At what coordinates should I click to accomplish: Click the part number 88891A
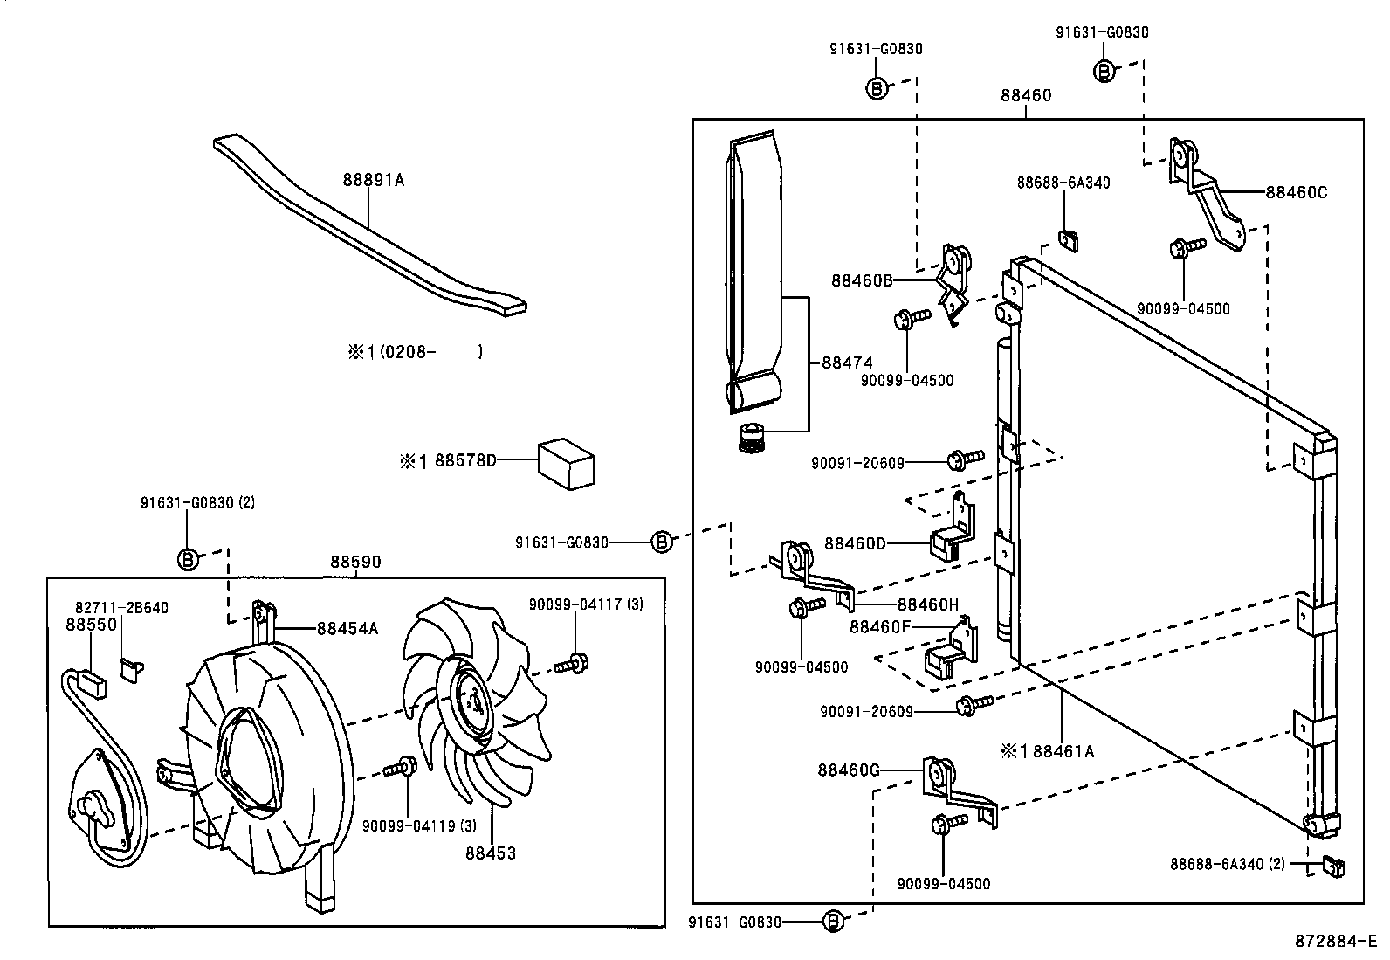click(x=373, y=180)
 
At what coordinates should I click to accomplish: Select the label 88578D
click(x=465, y=460)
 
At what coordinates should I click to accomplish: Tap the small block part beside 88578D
click(x=565, y=464)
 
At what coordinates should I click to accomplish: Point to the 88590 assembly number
click(x=355, y=562)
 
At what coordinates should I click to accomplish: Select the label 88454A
click(x=347, y=628)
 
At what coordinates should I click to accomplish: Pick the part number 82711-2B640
click(x=121, y=608)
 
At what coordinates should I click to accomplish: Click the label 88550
click(x=91, y=625)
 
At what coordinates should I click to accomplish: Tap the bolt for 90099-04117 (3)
click(x=572, y=664)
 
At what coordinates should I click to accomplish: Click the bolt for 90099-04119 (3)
click(x=400, y=768)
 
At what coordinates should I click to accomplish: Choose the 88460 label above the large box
click(x=1026, y=95)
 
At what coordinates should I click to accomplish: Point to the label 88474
click(x=847, y=363)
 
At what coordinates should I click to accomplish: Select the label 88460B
click(x=862, y=280)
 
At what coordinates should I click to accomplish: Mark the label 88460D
click(x=855, y=544)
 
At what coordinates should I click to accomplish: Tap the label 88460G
click(x=849, y=770)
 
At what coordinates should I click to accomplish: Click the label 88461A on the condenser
click(x=1063, y=752)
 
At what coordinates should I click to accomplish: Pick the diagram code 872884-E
click(x=1335, y=942)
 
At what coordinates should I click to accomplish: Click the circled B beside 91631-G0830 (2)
click(x=188, y=559)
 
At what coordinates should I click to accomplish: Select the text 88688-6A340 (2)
click(x=1228, y=864)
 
